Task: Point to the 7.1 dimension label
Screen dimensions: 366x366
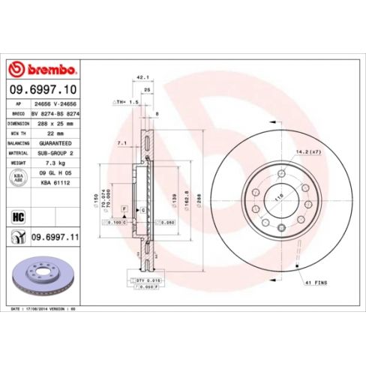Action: [x=121, y=142]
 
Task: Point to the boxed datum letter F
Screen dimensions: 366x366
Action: [x=123, y=205]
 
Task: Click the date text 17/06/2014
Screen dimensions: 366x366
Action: [x=40, y=309]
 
